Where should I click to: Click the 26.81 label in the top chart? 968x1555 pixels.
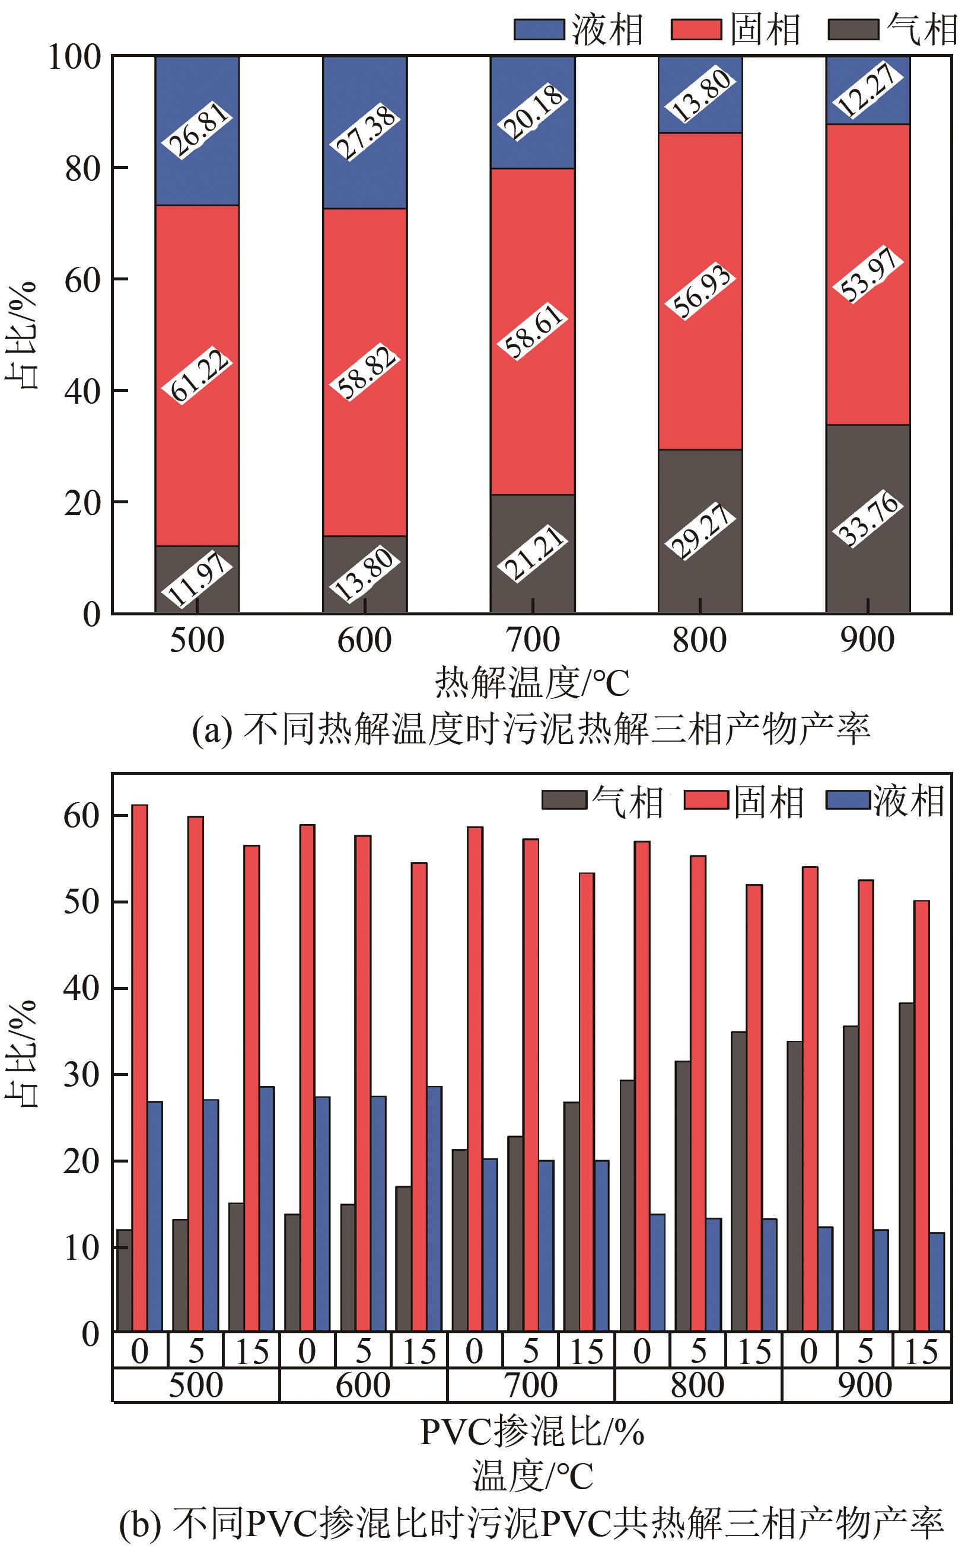[196, 130]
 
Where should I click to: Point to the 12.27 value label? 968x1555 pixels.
[868, 91]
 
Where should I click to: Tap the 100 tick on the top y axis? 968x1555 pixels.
[75, 57]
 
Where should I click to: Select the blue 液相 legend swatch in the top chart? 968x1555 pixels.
[539, 30]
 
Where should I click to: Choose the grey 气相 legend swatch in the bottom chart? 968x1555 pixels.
[564, 800]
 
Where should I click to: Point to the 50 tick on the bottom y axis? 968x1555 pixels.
[81, 902]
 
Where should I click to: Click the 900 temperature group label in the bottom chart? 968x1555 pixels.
[865, 1385]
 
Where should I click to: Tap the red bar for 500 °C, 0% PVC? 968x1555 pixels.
[139, 1069]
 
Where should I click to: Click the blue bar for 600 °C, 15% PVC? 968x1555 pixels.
[434, 1209]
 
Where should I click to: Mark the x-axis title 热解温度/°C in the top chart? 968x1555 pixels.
[532, 682]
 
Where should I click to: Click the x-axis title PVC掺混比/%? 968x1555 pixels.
[532, 1432]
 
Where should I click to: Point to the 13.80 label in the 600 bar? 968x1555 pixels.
[365, 574]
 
